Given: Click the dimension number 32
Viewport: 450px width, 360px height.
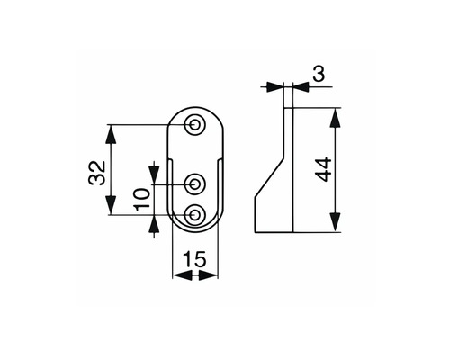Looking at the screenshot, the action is coord(97,173).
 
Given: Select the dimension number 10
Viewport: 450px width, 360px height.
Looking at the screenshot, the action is coord(142,200).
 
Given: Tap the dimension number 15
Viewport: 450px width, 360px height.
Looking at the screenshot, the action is coord(194,259).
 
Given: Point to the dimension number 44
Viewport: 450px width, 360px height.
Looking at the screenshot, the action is coord(324,169).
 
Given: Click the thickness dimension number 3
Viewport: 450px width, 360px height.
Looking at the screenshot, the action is coord(319,74).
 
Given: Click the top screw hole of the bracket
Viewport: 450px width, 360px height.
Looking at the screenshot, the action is coord(195,124).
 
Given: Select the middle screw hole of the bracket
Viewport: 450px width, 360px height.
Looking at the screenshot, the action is coord(195,184).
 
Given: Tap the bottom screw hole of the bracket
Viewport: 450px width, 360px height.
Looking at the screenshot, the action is coord(195,215).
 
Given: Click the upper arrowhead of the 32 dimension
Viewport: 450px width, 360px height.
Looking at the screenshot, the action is coord(112,134).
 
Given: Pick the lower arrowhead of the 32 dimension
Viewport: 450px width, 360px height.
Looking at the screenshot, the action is coord(112,205).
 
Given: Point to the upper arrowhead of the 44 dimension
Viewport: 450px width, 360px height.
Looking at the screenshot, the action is coord(336,118).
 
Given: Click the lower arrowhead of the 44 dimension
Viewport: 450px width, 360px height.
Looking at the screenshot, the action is coord(336,222).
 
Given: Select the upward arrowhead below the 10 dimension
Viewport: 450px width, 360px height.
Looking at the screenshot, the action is coord(154,225).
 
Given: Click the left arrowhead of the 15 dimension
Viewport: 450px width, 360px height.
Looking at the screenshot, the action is coord(183,274).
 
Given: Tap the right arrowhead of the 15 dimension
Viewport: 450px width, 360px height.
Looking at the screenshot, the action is coord(208,274).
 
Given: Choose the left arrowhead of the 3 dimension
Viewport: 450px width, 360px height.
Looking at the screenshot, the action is coord(274,87).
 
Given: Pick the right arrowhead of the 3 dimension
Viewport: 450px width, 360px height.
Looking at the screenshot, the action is coord(301,87).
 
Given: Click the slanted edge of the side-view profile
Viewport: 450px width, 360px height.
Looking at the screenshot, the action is coord(269,177).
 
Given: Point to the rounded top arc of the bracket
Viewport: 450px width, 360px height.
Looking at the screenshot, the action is coord(195,107).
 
